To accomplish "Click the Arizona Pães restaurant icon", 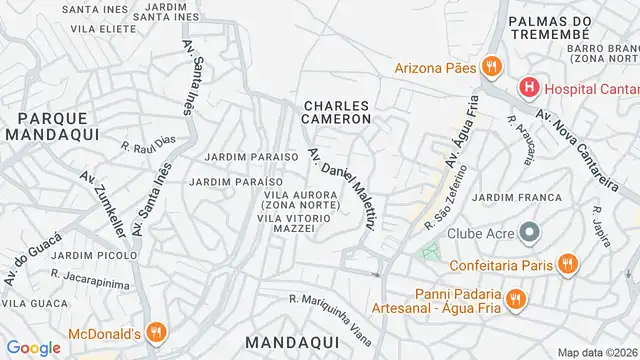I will (x=490, y=67).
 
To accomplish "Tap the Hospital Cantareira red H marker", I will (x=527, y=89).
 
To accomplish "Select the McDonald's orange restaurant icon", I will (x=155, y=332).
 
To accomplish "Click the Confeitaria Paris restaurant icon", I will (x=567, y=264).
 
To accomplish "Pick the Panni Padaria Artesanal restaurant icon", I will (x=516, y=298).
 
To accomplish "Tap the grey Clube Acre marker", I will (x=531, y=234).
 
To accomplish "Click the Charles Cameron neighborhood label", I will (x=337, y=111).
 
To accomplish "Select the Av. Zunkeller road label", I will (x=103, y=204).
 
